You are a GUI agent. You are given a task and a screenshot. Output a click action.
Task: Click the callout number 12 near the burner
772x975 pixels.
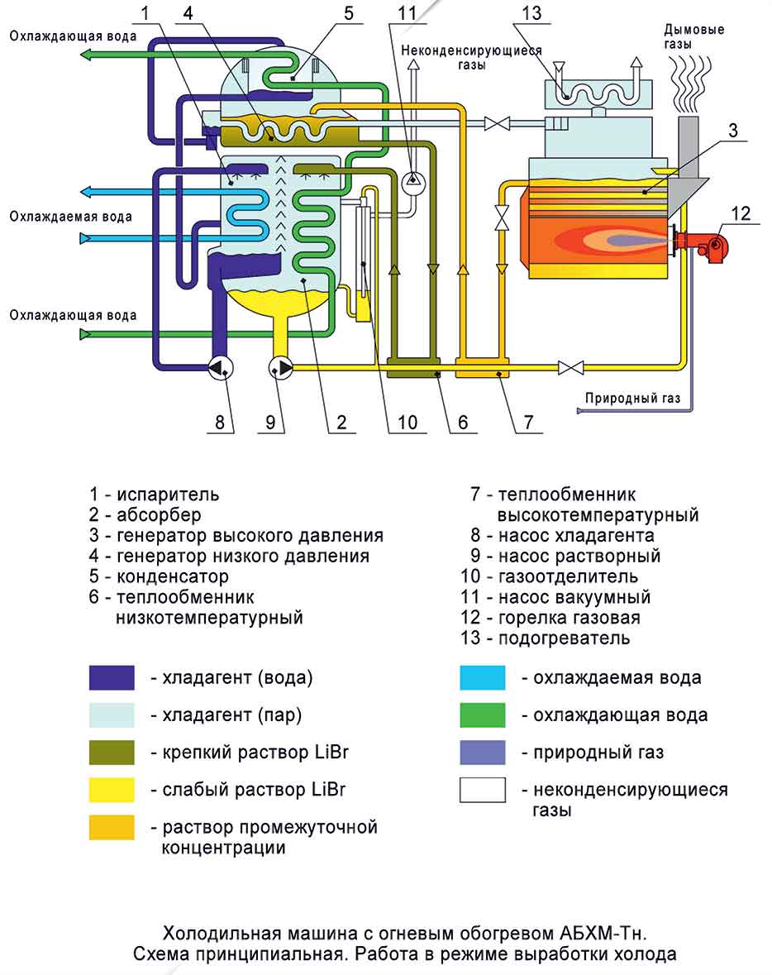coord(741,213)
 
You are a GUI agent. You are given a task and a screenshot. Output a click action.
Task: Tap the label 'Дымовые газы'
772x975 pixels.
coord(694,37)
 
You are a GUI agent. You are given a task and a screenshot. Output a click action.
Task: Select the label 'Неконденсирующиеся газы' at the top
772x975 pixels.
coord(472,57)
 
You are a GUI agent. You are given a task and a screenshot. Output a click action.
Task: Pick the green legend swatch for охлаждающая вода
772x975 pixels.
coord(483,715)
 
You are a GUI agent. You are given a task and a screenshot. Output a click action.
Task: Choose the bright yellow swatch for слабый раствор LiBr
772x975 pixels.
coord(112,790)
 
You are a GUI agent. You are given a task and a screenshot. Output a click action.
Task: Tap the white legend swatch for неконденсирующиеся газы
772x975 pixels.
coord(483,790)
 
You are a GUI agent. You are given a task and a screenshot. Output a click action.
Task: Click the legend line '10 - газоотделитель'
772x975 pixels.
coord(550,576)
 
